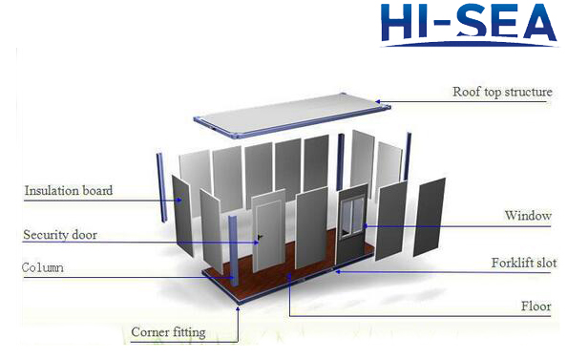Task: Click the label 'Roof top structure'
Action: coord(501,93)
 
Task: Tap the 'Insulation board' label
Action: coord(69,190)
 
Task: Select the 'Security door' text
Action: coord(59,235)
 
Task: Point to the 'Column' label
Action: coord(43,268)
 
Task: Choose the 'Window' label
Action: coord(528,216)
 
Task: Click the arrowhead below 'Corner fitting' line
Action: coord(235,311)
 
